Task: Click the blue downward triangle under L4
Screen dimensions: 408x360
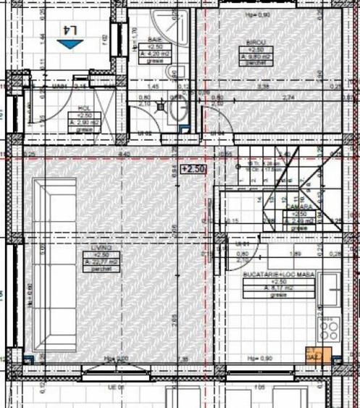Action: pyautogui.click(x=70, y=44)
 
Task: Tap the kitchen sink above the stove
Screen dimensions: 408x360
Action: pyautogui.click(x=330, y=288)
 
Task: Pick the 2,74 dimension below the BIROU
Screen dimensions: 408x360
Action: pyautogui.click(x=289, y=97)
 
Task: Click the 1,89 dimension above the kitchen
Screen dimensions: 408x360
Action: pyautogui.click(x=295, y=254)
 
